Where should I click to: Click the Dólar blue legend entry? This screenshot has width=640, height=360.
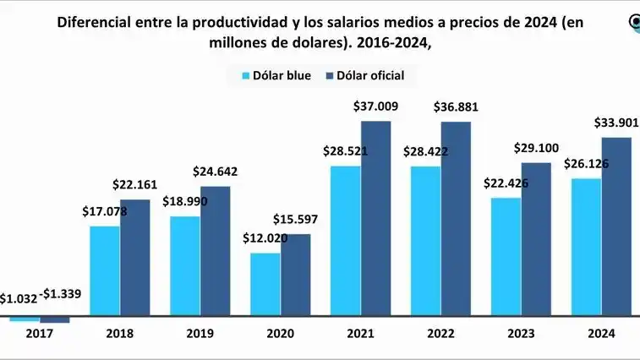[276, 75]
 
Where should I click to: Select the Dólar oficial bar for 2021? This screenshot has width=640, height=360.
[376, 220]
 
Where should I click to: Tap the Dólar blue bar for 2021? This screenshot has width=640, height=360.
[346, 242]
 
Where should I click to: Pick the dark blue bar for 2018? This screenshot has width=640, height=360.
[135, 259]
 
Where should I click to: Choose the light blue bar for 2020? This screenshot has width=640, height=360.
[265, 285]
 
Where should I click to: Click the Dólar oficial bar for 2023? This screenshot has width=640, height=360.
[536, 240]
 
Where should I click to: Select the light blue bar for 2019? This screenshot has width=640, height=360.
[185, 266]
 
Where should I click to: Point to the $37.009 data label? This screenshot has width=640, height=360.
[375, 106]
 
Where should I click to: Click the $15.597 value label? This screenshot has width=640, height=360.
[295, 220]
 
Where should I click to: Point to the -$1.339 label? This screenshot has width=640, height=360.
[59, 293]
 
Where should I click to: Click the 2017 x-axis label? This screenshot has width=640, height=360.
[39, 334]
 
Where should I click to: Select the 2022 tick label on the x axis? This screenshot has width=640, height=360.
[441, 334]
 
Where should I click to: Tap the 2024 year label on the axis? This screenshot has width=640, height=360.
[601, 334]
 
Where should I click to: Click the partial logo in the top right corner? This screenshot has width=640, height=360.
[633, 23]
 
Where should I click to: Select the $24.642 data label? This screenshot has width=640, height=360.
[215, 172]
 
